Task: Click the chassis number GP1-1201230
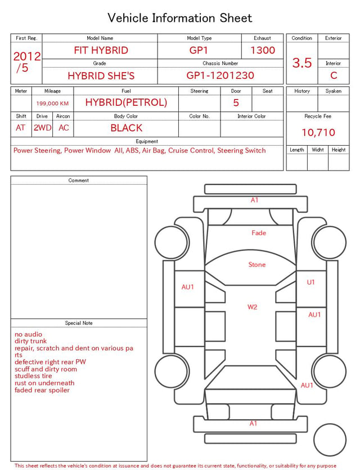(x=220, y=75)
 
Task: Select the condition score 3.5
(x=302, y=63)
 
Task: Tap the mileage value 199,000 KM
(x=52, y=104)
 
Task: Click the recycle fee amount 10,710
(x=318, y=132)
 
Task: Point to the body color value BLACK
(x=127, y=128)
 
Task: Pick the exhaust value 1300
(x=263, y=50)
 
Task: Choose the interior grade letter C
(x=334, y=75)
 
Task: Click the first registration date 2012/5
(x=26, y=62)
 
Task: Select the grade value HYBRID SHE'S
(x=101, y=76)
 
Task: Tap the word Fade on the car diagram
(x=259, y=233)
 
